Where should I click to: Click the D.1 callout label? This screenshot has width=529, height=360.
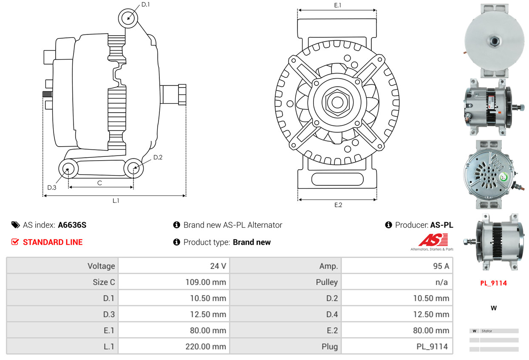tap(145, 5)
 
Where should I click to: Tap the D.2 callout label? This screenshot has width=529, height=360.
tap(158, 157)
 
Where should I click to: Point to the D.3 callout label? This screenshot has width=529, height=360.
tap(52, 187)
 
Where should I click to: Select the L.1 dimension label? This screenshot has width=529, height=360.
tap(116, 201)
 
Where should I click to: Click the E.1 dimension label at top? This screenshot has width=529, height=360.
tap(338, 5)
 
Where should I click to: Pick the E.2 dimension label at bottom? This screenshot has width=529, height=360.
tap(338, 205)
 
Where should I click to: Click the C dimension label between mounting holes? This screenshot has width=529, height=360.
tap(100, 183)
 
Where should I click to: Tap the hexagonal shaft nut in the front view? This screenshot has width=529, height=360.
tap(337, 102)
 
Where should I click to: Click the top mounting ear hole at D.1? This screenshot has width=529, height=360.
tap(128, 18)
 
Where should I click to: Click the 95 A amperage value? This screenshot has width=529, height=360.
tap(441, 266)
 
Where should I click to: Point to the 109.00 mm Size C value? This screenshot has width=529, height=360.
tap(206, 282)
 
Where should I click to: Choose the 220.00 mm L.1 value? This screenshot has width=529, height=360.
tap(206, 346)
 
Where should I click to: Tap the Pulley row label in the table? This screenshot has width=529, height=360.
tap(327, 282)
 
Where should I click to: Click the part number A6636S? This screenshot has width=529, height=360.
tap(72, 225)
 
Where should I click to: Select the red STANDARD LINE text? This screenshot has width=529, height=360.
tap(53, 242)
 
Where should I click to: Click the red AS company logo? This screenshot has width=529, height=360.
tap(433, 240)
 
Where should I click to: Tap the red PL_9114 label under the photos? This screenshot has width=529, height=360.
tap(493, 283)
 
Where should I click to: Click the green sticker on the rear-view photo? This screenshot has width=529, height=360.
tap(504, 177)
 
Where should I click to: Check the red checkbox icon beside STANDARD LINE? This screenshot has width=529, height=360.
tap(15, 242)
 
